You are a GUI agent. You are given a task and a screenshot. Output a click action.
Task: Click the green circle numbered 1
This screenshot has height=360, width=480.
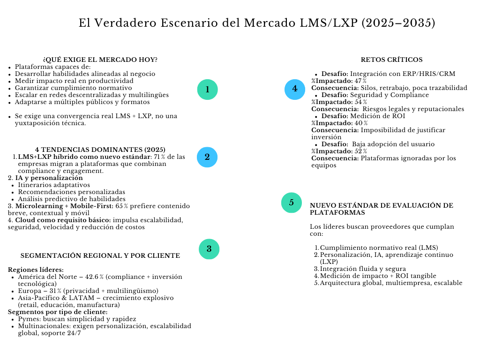pyautogui.click(x=207, y=90)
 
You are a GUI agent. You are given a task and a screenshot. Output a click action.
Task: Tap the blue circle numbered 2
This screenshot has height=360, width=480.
pyautogui.click(x=207, y=157)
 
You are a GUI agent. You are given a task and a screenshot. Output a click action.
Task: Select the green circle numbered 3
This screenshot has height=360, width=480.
pyautogui.click(x=209, y=249)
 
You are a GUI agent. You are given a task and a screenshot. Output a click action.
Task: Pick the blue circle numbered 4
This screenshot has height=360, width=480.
pyautogui.click(x=295, y=89)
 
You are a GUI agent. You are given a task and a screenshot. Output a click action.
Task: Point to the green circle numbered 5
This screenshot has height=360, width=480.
pyautogui.click(x=292, y=202)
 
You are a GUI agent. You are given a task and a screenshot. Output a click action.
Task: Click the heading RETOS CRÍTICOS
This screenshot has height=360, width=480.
pyautogui.click(x=391, y=60)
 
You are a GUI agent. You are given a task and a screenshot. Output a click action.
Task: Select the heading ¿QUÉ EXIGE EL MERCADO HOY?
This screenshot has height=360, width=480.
pyautogui.click(x=100, y=60)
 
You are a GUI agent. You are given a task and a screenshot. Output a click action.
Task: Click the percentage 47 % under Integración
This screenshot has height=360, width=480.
pyautogui.click(x=360, y=81)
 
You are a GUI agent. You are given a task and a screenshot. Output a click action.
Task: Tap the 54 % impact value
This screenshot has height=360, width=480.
pyautogui.click(x=360, y=102)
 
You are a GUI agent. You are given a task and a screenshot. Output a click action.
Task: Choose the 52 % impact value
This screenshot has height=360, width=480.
pyautogui.click(x=360, y=151)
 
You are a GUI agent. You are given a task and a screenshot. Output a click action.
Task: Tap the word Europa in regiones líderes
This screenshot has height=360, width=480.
pyautogui.click(x=29, y=291)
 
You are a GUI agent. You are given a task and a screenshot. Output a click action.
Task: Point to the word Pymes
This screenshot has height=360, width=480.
pyautogui.click(x=28, y=319)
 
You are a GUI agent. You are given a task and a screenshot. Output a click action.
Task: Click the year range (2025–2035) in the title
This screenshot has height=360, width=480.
pyautogui.click(x=398, y=22)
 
